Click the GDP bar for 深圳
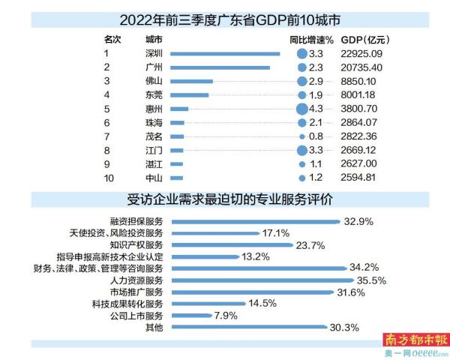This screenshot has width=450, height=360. (225, 53)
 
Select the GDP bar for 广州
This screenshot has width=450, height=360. (220, 67)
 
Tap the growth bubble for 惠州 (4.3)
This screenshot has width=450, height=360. (301, 108)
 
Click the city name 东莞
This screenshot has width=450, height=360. (154, 94)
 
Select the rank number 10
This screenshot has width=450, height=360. (108, 178)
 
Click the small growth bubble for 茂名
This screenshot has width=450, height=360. (301, 136)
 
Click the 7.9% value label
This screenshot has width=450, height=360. (226, 316)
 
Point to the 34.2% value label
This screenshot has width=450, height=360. (364, 268)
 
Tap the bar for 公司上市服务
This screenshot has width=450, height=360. (190, 316)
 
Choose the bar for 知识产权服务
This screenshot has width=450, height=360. (230, 244)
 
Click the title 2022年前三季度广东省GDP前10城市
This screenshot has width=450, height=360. (224, 16)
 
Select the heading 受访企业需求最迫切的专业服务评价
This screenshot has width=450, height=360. (224, 201)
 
